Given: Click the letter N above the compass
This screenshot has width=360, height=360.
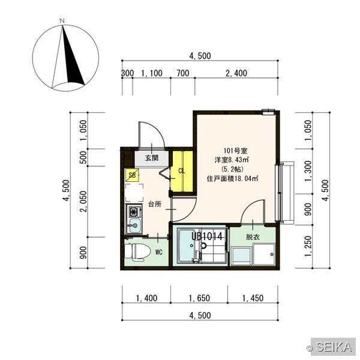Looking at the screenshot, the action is point(62,21).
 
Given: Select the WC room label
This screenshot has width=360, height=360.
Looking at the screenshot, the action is point(158,253).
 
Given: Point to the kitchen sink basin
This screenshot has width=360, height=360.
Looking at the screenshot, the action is point(135,225).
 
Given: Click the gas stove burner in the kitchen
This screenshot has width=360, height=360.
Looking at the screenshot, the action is point(134,211).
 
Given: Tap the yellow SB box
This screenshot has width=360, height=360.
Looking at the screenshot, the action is point(132,175).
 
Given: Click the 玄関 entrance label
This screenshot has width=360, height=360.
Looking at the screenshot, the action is point(152,158).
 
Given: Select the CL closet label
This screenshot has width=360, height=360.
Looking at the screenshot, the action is point(182,171).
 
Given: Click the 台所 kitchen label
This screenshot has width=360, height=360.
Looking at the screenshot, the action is point(155,204).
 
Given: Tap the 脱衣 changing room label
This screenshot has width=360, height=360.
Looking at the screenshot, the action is point(253,237).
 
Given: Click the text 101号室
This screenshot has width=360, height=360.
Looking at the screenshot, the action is point(235,151).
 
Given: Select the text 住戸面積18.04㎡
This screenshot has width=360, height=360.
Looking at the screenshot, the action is point(233,178).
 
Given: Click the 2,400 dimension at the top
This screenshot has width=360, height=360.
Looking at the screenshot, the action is point(236,73).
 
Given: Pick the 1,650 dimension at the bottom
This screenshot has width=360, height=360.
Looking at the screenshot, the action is point(199,298).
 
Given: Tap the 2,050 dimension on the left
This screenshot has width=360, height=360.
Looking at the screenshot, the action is point(83,202).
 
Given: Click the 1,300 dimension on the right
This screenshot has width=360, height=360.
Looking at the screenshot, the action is point(308,171).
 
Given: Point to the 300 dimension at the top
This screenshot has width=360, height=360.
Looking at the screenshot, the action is point(127,73).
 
